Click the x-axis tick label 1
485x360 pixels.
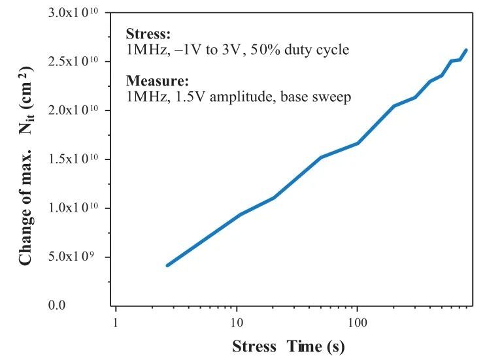116,323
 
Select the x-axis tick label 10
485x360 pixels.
237,323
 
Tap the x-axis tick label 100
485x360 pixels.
357,323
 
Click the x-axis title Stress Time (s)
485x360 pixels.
288,346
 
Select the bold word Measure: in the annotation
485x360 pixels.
157,82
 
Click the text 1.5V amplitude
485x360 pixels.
212,97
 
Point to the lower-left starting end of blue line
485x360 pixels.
167,265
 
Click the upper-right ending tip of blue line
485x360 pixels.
466,50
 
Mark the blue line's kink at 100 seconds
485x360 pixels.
357,143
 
